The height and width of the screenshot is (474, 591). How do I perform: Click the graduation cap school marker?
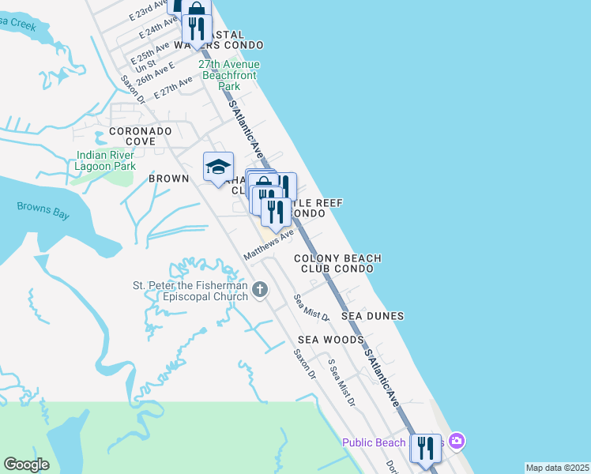pyautogui.click(x=219, y=167)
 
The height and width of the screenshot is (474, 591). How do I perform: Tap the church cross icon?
pyautogui.click(x=262, y=291)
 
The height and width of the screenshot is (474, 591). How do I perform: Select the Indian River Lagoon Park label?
pyautogui.click(x=105, y=160)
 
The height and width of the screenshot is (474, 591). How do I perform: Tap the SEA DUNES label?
pyautogui.click(x=372, y=316)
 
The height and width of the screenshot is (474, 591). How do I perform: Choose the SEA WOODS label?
pyautogui.click(x=331, y=340)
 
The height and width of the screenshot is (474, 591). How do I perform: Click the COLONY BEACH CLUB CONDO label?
pyautogui.click(x=337, y=263)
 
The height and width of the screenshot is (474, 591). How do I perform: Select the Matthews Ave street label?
pyautogui.click(x=269, y=243)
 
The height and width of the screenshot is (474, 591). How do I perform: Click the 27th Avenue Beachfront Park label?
pyautogui.click(x=229, y=74)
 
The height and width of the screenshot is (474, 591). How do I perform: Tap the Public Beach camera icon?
pyautogui.click(x=456, y=440)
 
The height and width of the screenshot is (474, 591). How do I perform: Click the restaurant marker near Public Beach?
pyautogui.click(x=425, y=447)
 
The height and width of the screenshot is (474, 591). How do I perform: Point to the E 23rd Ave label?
pyautogui.click(x=148, y=15)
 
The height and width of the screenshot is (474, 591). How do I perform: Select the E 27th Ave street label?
pyautogui.click(x=174, y=88)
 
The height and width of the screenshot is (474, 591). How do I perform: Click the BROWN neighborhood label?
pyautogui.click(x=169, y=179)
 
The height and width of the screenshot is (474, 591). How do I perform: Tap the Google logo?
pyautogui.click(x=26, y=465)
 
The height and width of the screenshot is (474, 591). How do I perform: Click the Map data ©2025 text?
pyautogui.click(x=557, y=468)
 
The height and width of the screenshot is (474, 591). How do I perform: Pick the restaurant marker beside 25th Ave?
pyautogui.click(x=197, y=29)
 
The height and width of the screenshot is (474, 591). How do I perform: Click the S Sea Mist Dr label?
pyautogui.click(x=342, y=382)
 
